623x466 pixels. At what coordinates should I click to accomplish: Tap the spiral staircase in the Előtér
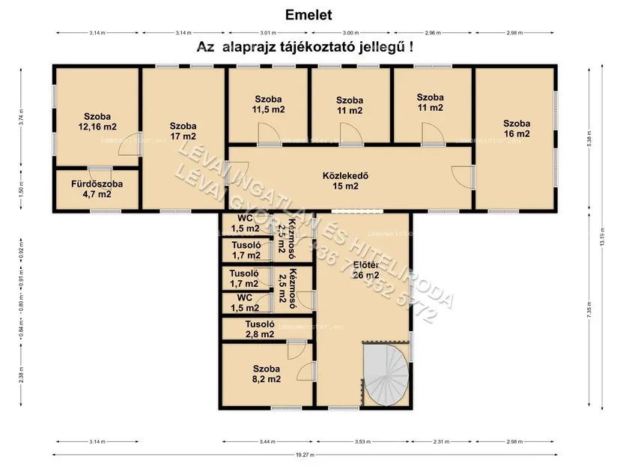point(386,374)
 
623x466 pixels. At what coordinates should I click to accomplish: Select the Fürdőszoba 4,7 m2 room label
point(97,189)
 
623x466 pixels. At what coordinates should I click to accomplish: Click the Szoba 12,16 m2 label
point(97,121)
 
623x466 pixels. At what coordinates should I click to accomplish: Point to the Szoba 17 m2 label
point(183,131)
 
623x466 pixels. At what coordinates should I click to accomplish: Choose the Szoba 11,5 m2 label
point(268,104)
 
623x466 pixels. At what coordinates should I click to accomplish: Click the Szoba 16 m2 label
point(516,129)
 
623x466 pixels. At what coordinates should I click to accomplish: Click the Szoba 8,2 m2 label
point(266,374)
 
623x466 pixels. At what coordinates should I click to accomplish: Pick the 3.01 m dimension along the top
point(269,33)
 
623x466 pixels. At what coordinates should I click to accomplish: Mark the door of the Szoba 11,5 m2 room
point(269,135)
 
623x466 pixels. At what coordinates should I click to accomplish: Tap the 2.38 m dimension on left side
point(22,372)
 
